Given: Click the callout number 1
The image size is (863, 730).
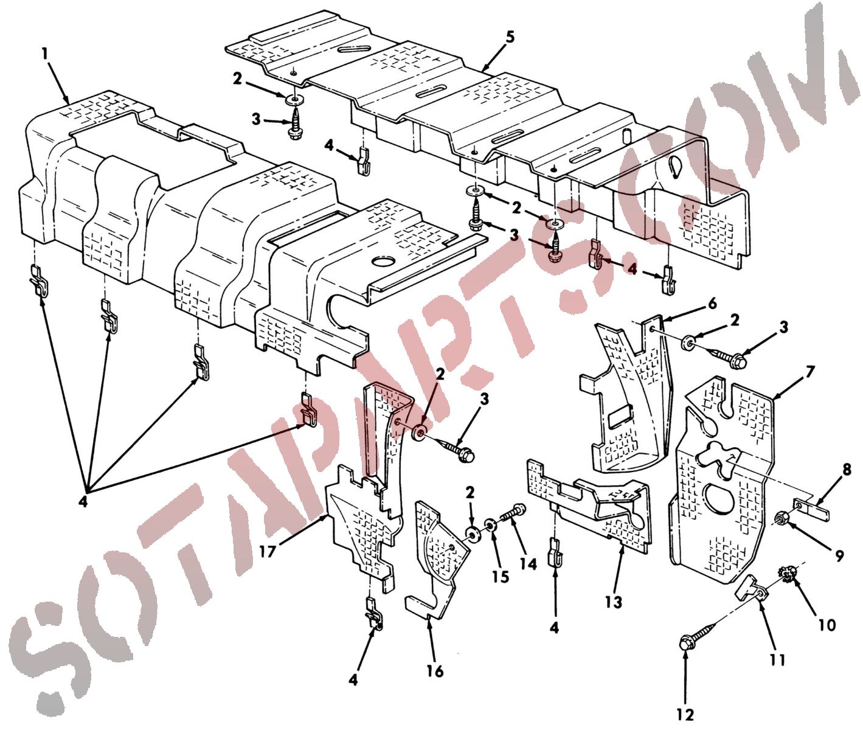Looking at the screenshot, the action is (45, 54).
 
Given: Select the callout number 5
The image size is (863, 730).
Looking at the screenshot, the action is (510, 37).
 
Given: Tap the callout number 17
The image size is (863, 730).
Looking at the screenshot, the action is (267, 551).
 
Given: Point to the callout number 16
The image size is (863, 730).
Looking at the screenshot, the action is (435, 671).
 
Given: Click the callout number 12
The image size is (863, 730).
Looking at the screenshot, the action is (686, 715).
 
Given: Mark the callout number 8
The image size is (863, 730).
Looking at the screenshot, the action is (846, 470).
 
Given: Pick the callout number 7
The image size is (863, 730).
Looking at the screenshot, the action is (809, 372).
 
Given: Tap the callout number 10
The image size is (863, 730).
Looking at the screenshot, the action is (827, 625).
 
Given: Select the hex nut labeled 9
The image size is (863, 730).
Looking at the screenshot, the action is (779, 519).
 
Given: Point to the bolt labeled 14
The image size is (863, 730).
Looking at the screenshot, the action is (513, 515).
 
